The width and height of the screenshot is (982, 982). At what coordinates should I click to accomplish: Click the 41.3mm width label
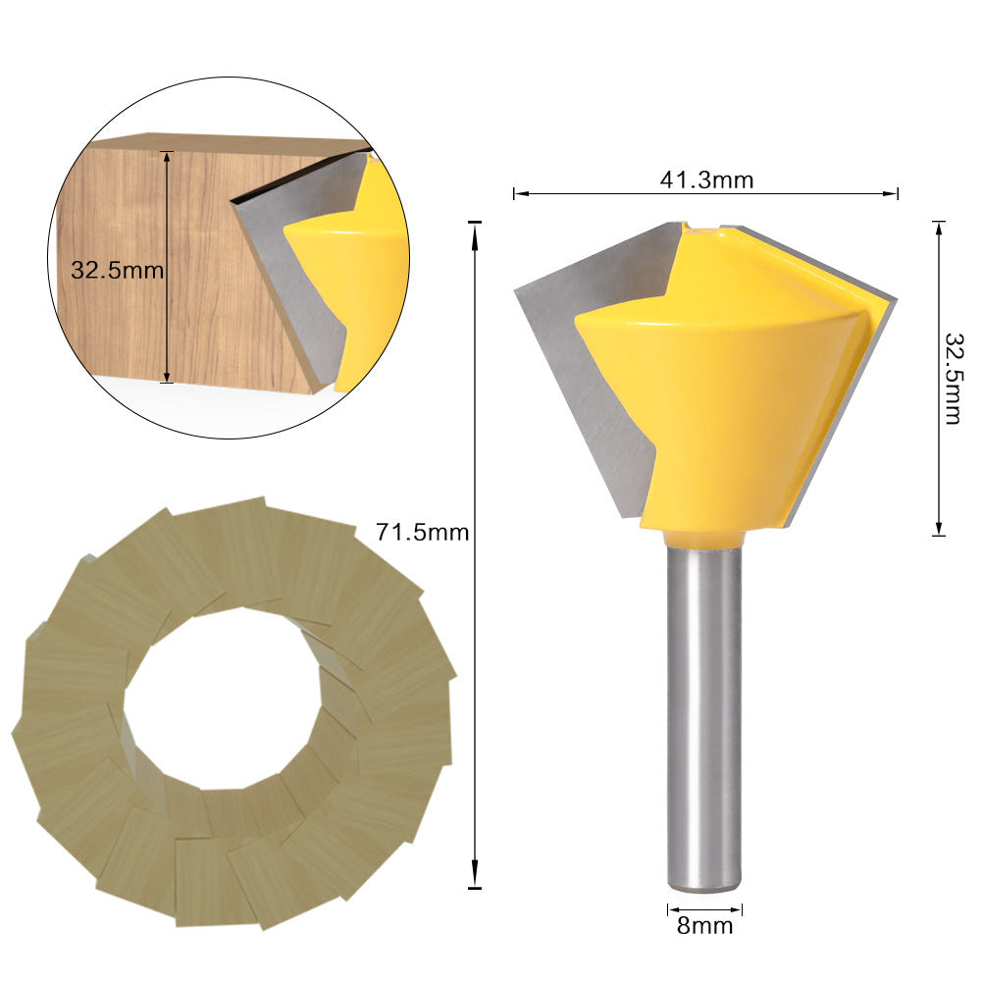coord(705,180)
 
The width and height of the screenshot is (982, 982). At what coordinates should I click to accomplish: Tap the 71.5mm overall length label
coord(423,533)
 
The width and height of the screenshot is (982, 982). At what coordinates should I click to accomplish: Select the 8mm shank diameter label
coord(704,925)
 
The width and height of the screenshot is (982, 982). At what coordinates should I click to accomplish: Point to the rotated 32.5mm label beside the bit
coord(953,378)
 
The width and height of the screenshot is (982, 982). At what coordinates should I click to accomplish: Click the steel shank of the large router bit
coord(703,716)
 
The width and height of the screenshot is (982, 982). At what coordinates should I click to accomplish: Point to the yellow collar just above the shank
coord(703,538)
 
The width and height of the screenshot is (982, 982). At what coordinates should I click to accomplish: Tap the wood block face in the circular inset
coord(196,294)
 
